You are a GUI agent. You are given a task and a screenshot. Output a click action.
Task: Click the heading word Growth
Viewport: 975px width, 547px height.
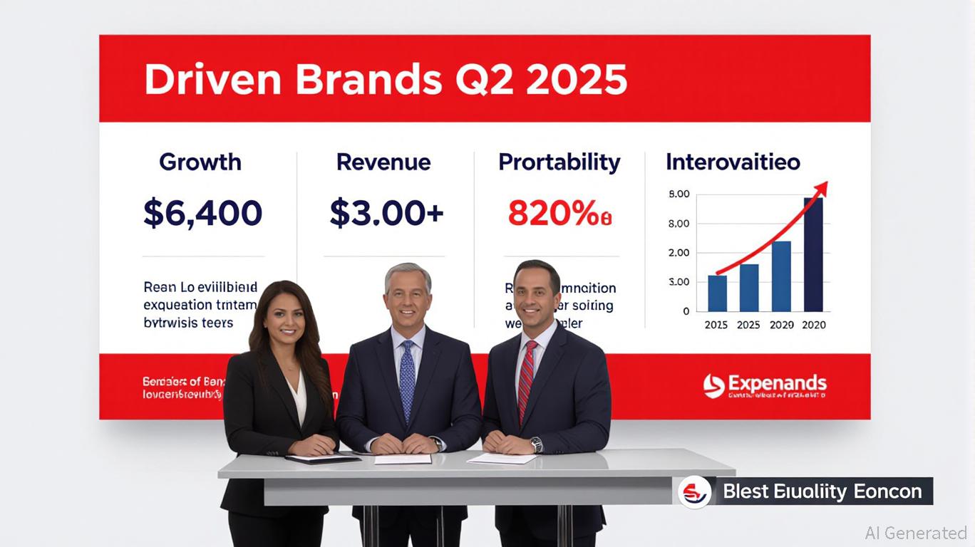tap(200, 162)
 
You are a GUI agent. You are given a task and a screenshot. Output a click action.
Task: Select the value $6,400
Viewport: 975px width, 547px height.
tap(203, 213)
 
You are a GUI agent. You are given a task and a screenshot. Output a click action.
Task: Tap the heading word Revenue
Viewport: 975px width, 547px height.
tap(383, 162)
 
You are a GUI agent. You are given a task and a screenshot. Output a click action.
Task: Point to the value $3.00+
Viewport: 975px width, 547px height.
tap(386, 213)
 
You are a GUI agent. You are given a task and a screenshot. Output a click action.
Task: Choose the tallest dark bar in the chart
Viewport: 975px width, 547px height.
tap(813, 254)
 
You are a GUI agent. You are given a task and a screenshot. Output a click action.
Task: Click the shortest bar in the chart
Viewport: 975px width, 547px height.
tap(717, 293)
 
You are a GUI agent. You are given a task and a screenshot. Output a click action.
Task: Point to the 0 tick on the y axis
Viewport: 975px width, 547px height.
tap(686, 311)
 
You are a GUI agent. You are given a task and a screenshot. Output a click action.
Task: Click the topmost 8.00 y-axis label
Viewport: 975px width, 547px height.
tap(679, 194)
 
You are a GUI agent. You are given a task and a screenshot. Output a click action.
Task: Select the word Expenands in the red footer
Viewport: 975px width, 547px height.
tap(777, 385)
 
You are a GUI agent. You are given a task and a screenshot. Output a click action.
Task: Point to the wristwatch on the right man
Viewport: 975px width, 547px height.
tap(537, 444)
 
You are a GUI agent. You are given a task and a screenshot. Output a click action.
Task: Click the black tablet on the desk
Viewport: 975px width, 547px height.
tap(322, 459)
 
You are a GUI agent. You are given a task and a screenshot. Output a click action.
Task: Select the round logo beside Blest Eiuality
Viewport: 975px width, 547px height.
tap(694, 491)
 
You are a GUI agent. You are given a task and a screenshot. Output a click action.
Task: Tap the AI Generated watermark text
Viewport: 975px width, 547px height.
tap(916, 533)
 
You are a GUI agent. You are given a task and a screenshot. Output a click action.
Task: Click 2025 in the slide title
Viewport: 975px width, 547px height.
tap(577, 80)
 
